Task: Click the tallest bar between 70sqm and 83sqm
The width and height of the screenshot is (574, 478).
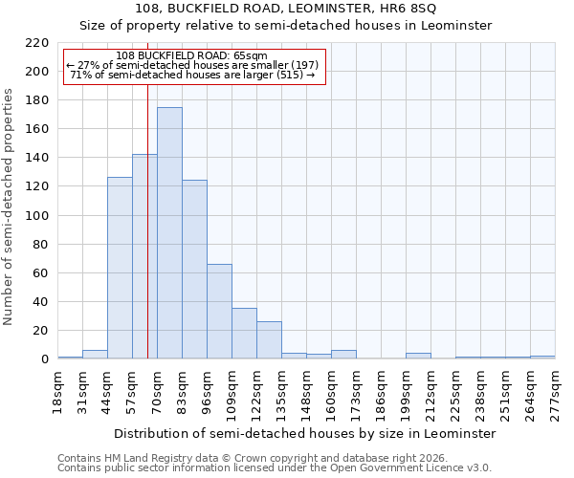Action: coord(169,233)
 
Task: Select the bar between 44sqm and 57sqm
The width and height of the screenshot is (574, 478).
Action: coord(120,268)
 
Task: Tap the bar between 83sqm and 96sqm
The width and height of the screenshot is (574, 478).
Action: coord(194,269)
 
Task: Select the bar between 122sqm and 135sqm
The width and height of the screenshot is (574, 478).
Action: coord(269,340)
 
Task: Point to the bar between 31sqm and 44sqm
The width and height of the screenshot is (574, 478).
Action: coord(95,355)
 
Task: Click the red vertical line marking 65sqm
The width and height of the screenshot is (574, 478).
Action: coord(147,239)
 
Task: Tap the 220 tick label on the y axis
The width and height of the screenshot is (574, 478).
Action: coord(37,43)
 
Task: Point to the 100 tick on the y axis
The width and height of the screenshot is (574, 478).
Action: coord(37,216)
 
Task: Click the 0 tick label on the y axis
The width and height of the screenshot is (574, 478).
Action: coord(45,359)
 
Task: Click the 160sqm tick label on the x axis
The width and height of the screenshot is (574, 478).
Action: coord(331,393)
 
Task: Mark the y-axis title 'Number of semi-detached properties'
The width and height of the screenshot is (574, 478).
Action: coord(10,206)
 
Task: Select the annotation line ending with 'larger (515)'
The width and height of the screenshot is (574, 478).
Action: coord(193,75)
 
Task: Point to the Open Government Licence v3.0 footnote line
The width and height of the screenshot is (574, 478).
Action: coord(275,468)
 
